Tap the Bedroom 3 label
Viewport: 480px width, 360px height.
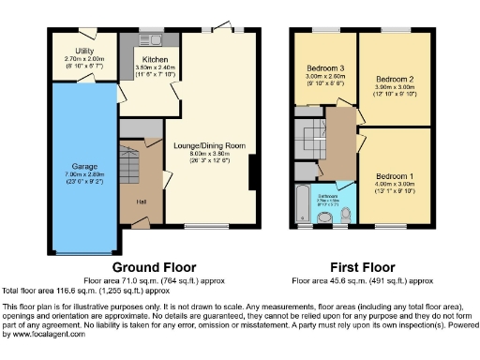pyautogui.click(x=324, y=68)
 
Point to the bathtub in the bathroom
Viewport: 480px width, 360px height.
pyautogui.click(x=303, y=205)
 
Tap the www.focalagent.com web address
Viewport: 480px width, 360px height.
pyautogui.click(x=34, y=334)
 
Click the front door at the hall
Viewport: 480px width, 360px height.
pyautogui.click(x=140, y=222)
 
